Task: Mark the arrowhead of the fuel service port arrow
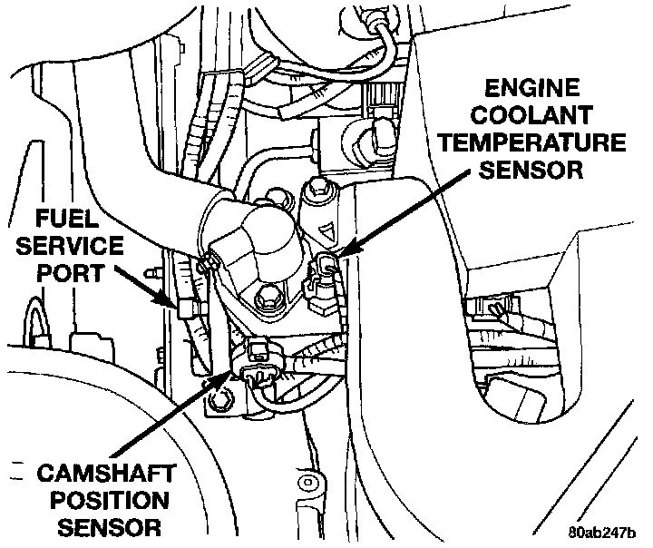click(174, 303)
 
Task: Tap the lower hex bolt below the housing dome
click(268, 297)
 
